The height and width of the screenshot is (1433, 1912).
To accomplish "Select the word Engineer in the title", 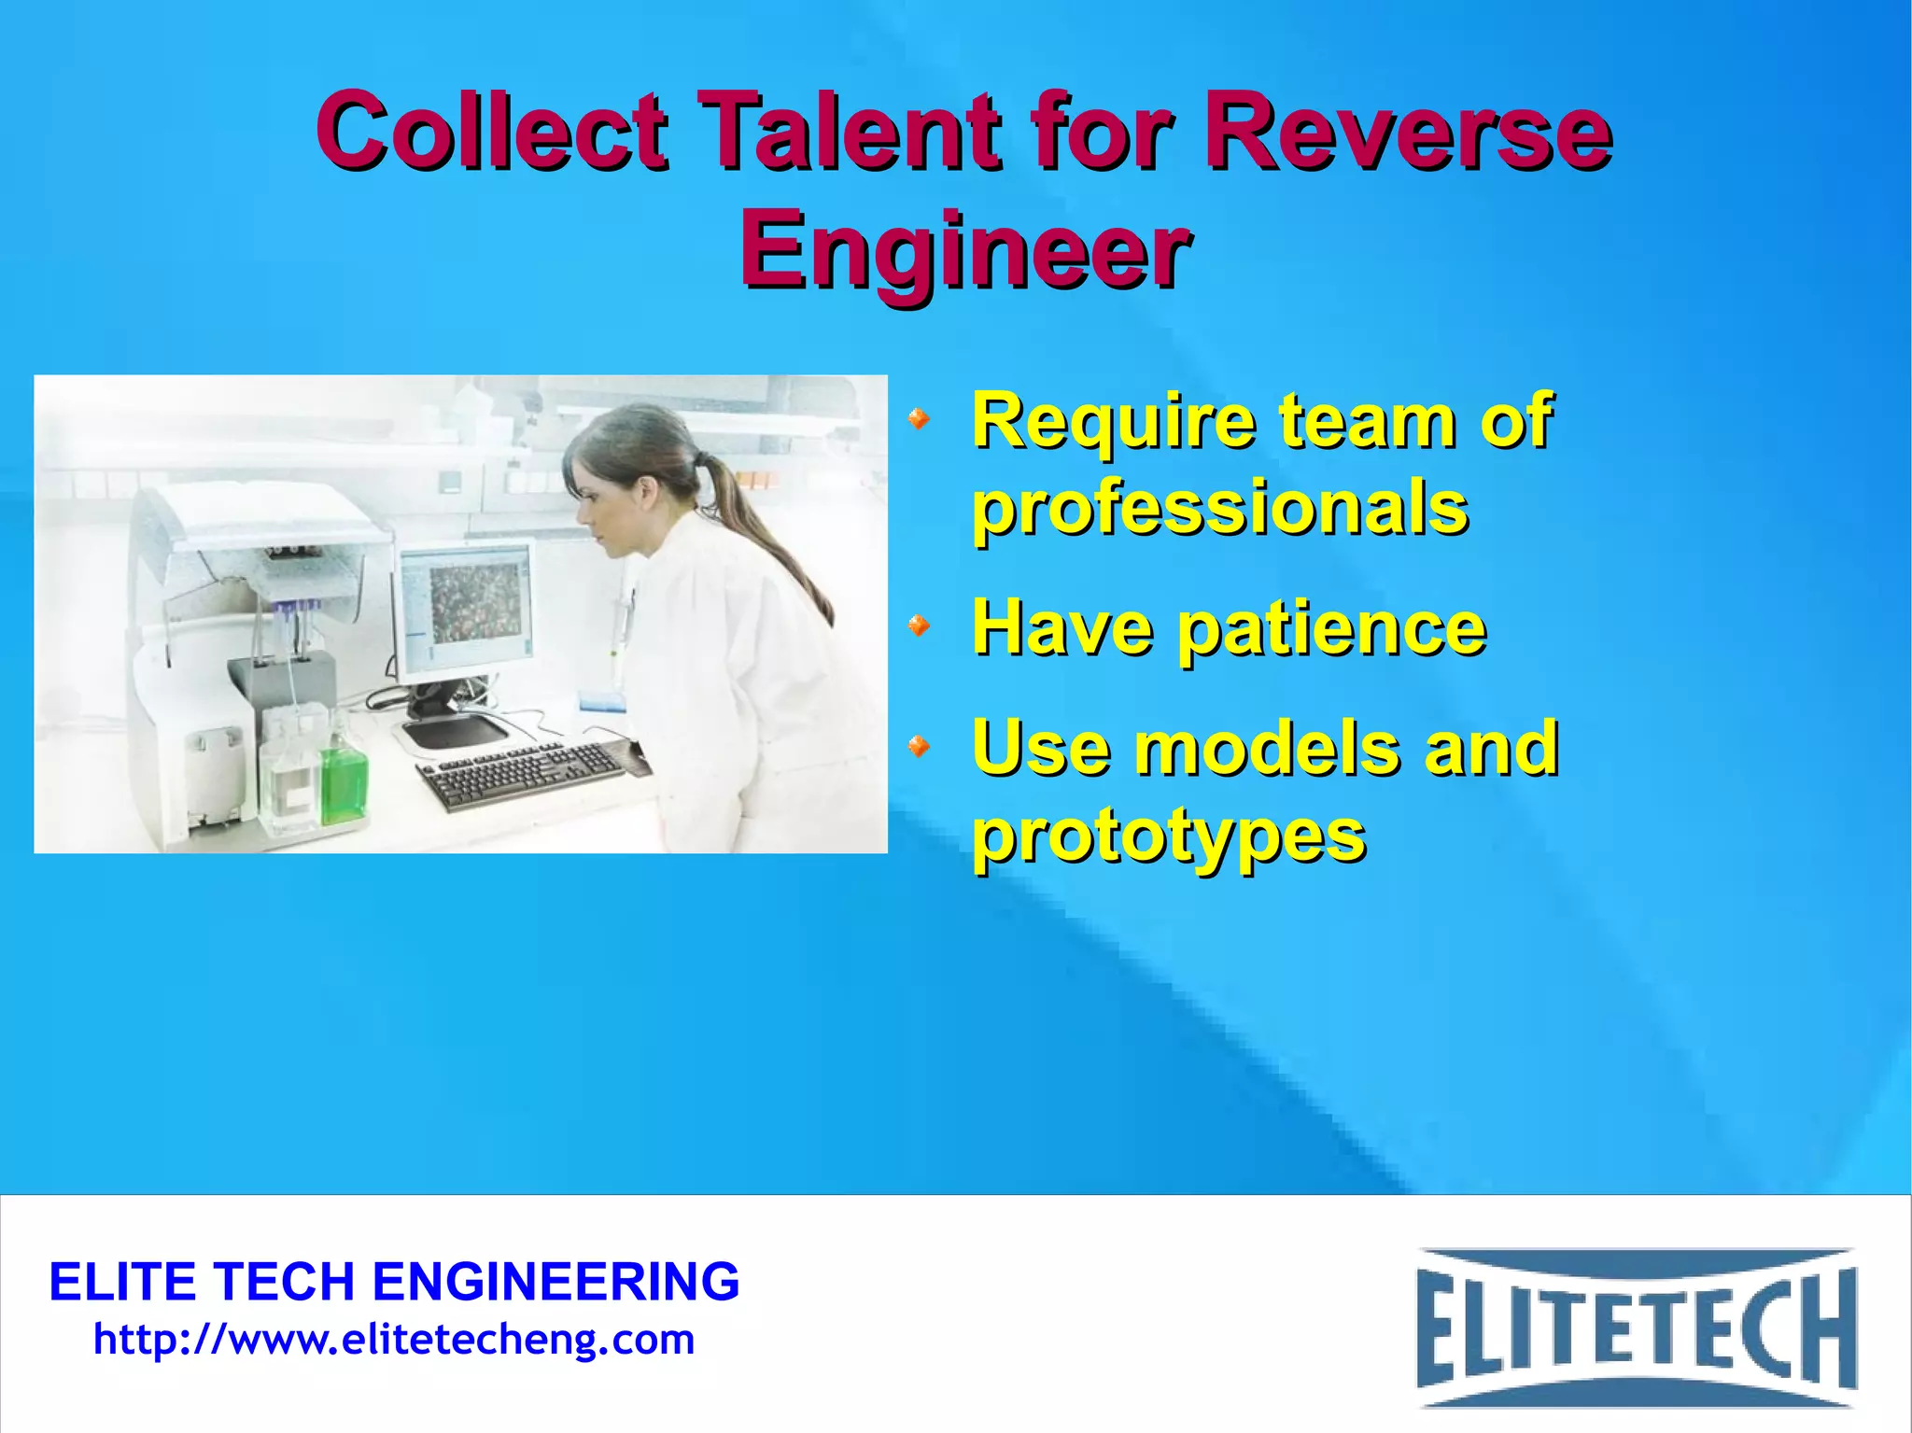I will [965, 250].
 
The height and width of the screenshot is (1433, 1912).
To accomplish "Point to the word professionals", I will [1220, 508].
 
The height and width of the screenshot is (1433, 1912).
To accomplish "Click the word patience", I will [1331, 629].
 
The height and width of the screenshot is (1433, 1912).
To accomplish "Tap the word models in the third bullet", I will [1267, 749].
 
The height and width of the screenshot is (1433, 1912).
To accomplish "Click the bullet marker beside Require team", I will [920, 420].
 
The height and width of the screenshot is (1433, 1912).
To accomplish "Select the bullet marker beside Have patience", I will [920, 625].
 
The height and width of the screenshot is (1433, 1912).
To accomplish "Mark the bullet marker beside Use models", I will [920, 746].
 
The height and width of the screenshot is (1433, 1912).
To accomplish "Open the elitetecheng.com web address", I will [394, 1341].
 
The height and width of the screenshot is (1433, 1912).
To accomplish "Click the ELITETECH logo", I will [1636, 1328].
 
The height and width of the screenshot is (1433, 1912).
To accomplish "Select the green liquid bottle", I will [344, 780].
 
